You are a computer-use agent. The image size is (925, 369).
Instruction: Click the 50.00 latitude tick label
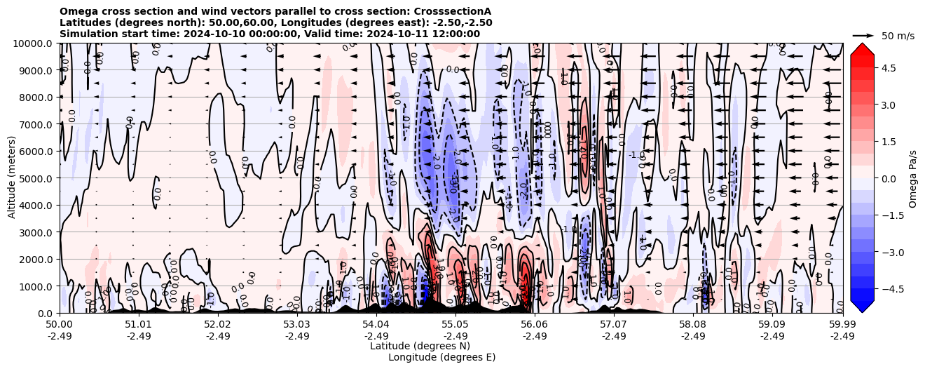click(60, 324)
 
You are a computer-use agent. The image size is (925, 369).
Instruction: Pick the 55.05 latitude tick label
click(455, 324)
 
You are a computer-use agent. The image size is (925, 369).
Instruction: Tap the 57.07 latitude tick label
click(614, 324)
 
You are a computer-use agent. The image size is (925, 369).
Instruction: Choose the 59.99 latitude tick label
click(842, 324)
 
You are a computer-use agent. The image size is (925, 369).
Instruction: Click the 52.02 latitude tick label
click(218, 324)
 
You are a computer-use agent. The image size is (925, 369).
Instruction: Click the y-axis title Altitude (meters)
click(12, 178)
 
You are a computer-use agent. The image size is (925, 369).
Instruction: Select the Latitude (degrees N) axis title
click(420, 346)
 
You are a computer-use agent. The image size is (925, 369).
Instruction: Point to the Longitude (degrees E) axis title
click(441, 357)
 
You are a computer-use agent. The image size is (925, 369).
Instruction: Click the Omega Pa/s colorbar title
click(912, 178)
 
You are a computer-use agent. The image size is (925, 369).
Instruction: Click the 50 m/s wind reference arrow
click(863, 35)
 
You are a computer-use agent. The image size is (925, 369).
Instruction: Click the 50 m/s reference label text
click(898, 36)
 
